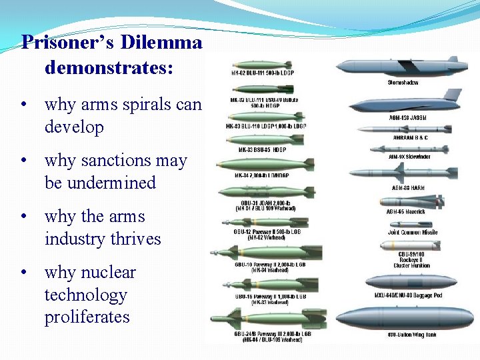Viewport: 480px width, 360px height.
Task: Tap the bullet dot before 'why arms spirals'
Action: pos(24,105)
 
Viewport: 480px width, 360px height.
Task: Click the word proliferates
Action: pos(87,317)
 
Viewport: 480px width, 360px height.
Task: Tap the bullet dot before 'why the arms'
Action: pos(24,217)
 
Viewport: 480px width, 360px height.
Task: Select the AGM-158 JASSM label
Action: pos(407,118)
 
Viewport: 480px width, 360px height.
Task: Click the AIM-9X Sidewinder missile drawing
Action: pos(408,149)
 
